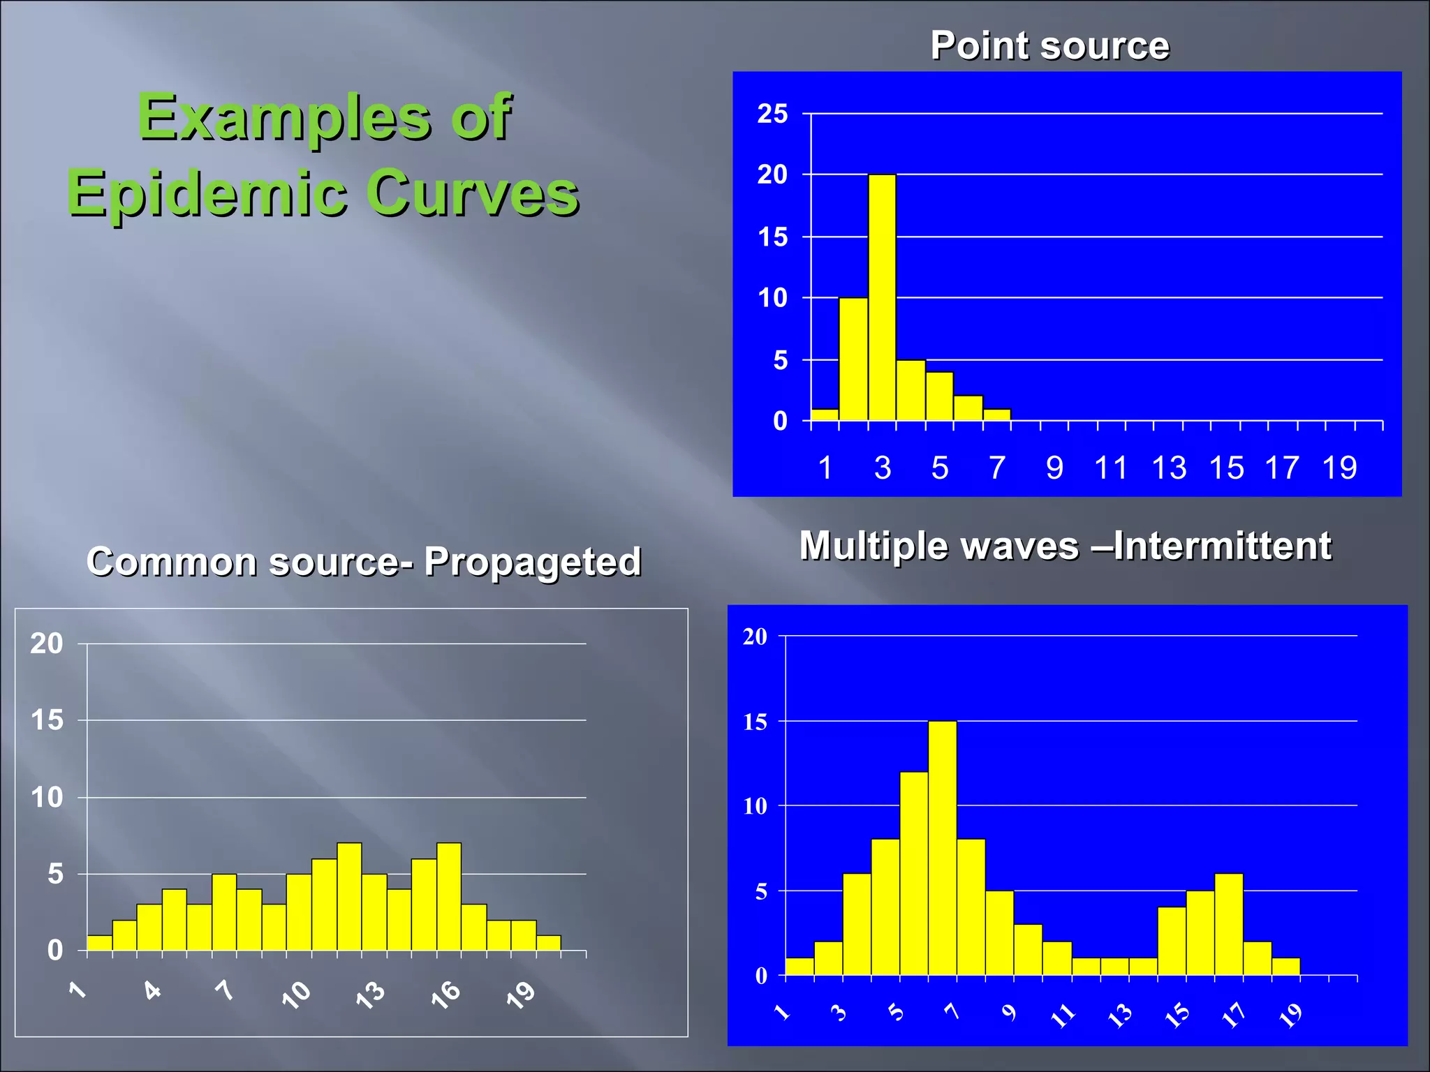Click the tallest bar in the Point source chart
882,297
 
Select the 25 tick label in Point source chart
772,114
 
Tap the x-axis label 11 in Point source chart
1110,468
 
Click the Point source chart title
1049,46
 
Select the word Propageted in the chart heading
532,562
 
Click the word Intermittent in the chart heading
1222,546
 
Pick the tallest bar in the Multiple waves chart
942,848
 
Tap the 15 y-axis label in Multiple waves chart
755,722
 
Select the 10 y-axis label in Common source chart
47,798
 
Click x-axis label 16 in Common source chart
445,994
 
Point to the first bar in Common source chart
99,943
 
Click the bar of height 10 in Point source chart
853,359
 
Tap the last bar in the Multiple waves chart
1285,967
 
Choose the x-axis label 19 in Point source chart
1339,468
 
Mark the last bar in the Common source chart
548,943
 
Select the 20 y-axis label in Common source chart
47,643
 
